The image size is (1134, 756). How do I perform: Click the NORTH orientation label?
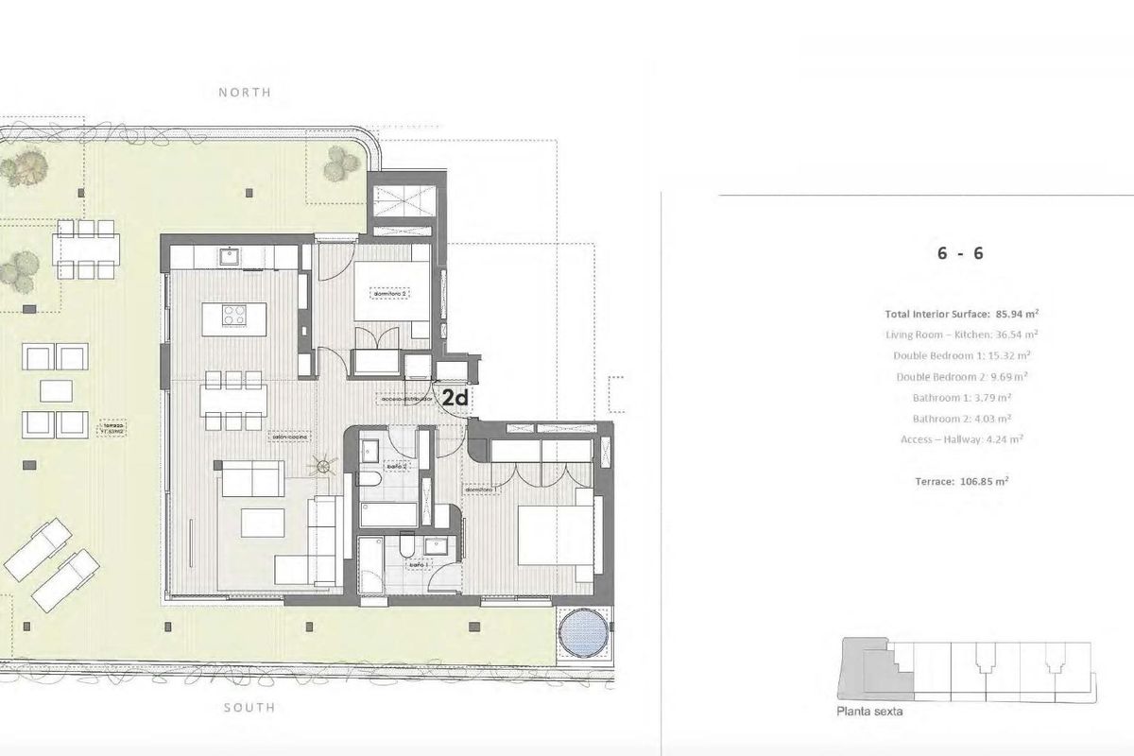[244, 93]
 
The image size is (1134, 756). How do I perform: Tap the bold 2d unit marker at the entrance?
[455, 399]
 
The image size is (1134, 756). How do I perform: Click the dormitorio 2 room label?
[389, 293]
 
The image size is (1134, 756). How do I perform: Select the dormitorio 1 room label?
[481, 490]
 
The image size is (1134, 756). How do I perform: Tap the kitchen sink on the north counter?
[228, 254]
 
